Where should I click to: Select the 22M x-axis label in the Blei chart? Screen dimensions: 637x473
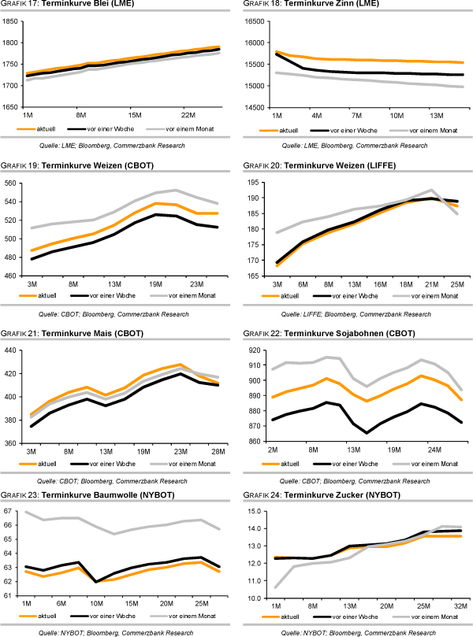[x=187, y=114]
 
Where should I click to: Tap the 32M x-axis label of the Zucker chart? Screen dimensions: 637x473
[x=460, y=606]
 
